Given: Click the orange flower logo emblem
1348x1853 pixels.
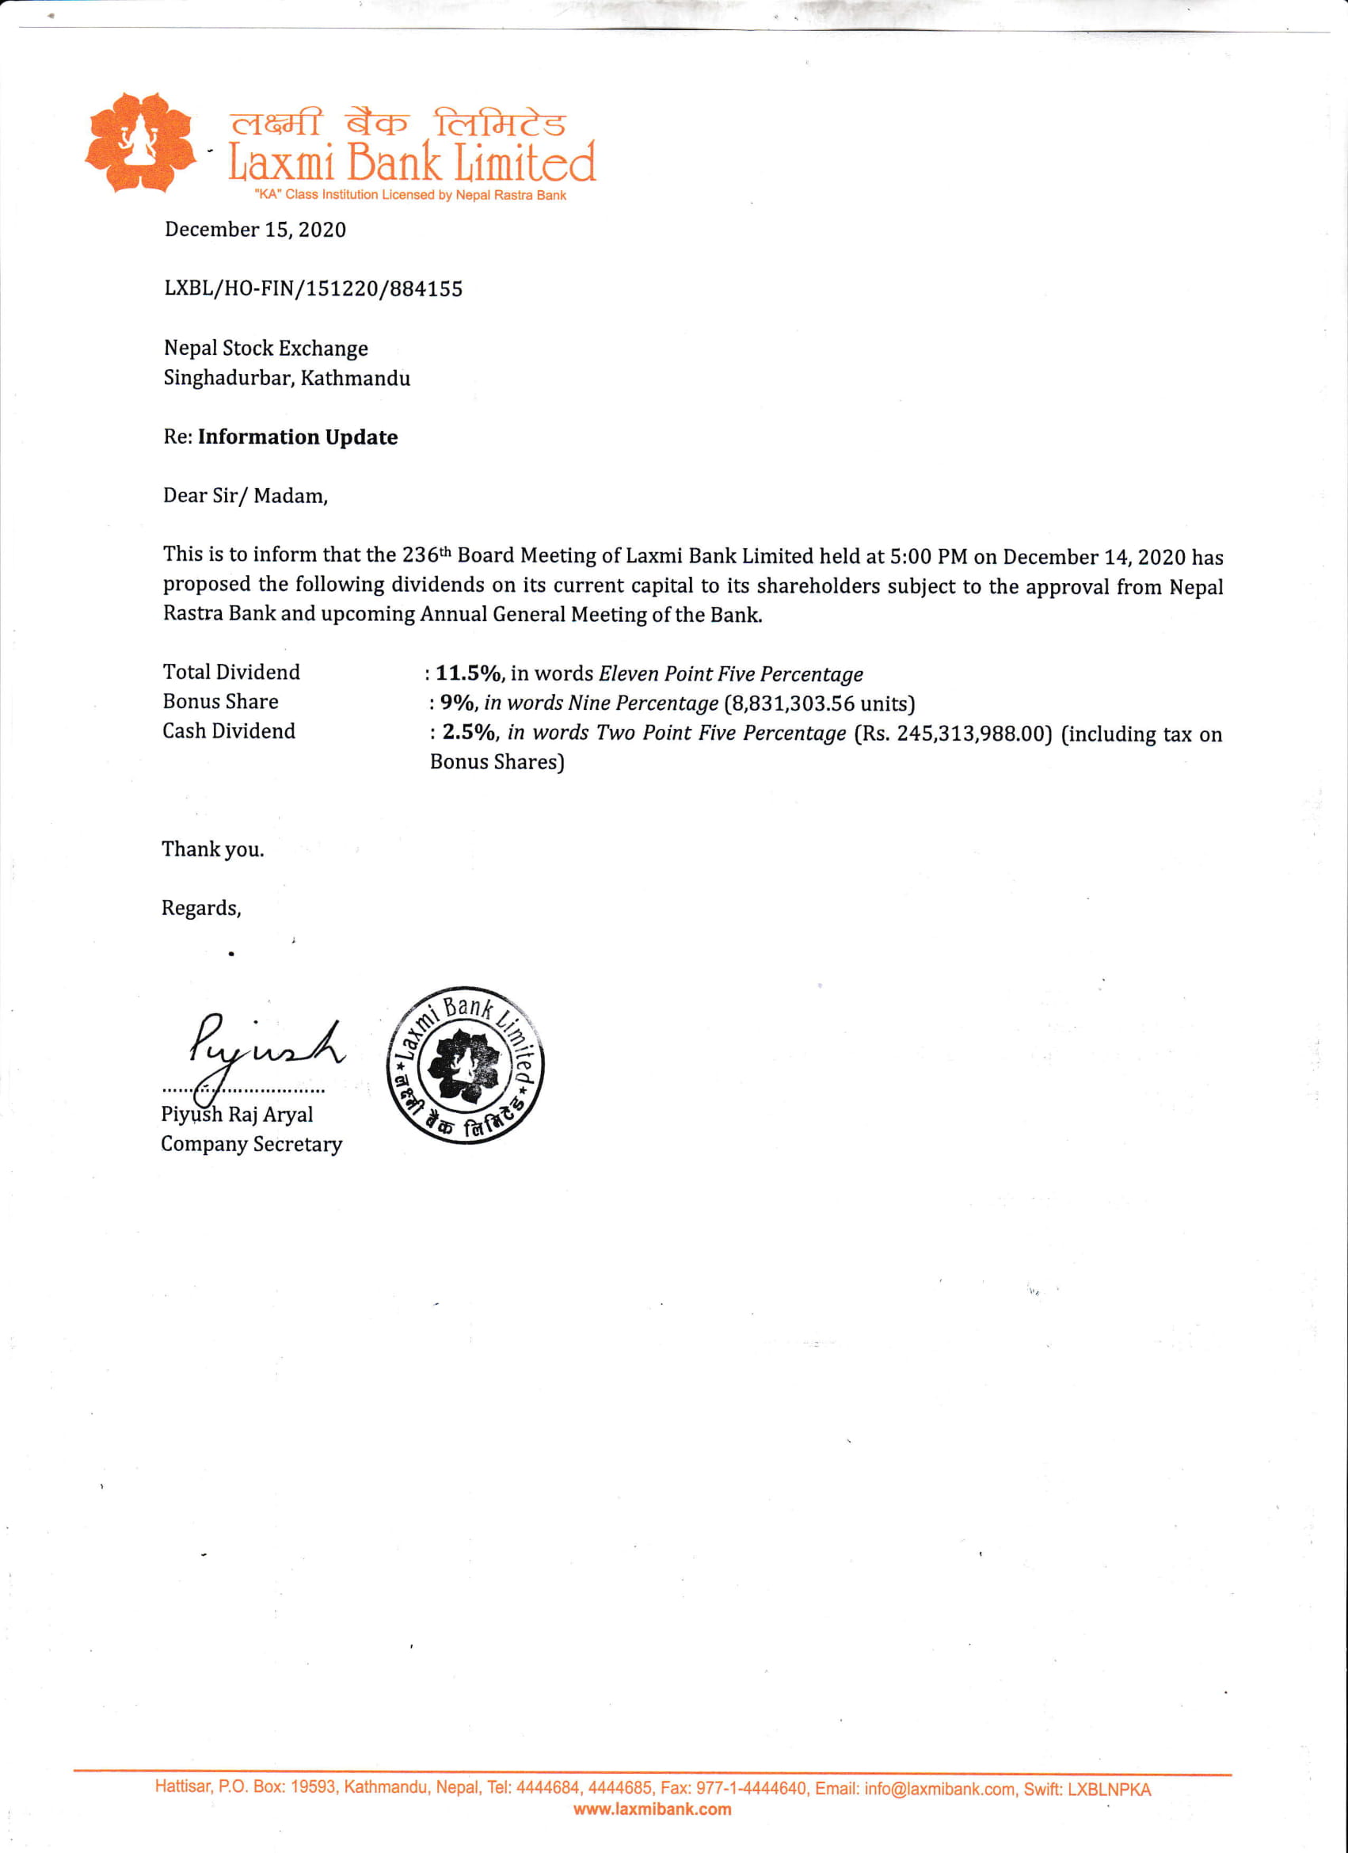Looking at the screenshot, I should click(x=140, y=142).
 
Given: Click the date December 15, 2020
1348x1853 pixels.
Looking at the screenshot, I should click(x=255, y=230).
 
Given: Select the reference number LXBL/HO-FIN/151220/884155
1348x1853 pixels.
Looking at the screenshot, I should click(x=313, y=288).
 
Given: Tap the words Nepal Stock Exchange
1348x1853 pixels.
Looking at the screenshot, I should click(x=265, y=348).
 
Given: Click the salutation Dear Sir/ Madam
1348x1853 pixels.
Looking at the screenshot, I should click(x=245, y=496).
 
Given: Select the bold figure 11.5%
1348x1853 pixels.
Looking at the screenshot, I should click(x=467, y=673).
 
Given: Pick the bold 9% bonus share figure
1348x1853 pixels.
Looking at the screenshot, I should click(x=457, y=703).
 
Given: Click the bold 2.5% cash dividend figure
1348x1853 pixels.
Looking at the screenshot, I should click(x=468, y=732).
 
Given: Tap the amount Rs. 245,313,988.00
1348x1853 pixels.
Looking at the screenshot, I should click(x=953, y=734).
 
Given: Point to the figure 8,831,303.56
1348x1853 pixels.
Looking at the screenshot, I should click(x=792, y=703).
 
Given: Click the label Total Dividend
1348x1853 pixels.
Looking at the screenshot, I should click(x=231, y=673).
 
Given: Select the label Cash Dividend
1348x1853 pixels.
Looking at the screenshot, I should click(x=229, y=731).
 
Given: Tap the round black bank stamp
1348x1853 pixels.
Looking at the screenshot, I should click(x=465, y=1065).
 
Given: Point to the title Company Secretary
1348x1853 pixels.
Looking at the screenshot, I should click(x=251, y=1144).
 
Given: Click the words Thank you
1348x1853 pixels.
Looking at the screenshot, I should click(x=212, y=850).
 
